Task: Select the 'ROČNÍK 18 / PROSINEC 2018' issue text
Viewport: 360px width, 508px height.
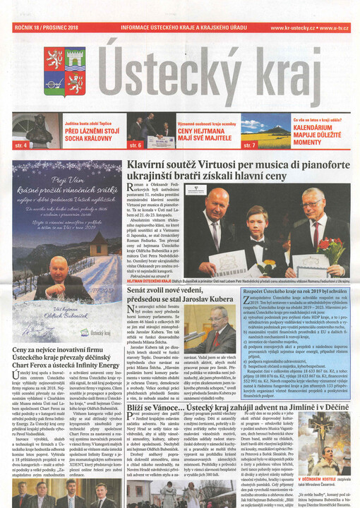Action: (x=43, y=28)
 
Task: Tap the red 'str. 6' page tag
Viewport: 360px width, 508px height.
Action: (x=136, y=145)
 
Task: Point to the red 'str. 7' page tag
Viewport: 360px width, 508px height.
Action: (x=249, y=145)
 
